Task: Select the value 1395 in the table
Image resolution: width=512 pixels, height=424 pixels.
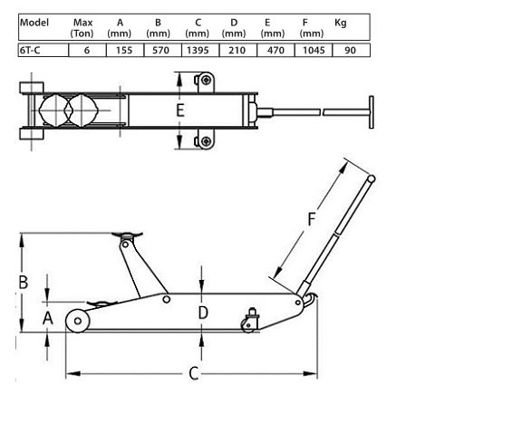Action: [x=197, y=51]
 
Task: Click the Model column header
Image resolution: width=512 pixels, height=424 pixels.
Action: [x=34, y=23]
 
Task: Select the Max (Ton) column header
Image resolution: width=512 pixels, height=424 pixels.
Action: [x=82, y=27]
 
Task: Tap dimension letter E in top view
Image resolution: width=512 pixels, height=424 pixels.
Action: [x=180, y=111]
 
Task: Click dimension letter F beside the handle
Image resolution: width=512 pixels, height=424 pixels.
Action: [x=312, y=219]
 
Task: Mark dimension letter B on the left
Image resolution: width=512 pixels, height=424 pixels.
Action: [x=24, y=282]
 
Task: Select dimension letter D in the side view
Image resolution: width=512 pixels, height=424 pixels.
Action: [x=203, y=313]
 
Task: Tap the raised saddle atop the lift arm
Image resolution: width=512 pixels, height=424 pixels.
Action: [x=127, y=237]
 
